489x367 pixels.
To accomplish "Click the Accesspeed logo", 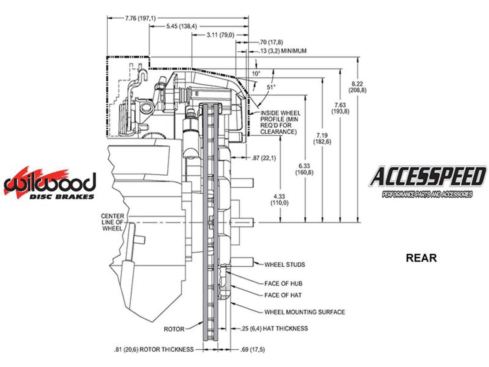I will point(427,181).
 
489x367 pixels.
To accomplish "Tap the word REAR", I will point(421,258).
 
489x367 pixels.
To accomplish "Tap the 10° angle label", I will point(256,73).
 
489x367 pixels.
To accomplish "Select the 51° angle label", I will point(271,87).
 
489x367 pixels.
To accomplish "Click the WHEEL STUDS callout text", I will point(285,265).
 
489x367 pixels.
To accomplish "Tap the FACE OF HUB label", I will point(283,284).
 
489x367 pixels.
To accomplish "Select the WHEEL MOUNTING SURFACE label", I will point(304,312).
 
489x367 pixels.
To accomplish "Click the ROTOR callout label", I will point(174,329).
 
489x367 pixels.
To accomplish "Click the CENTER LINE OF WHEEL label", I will point(112,222).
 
